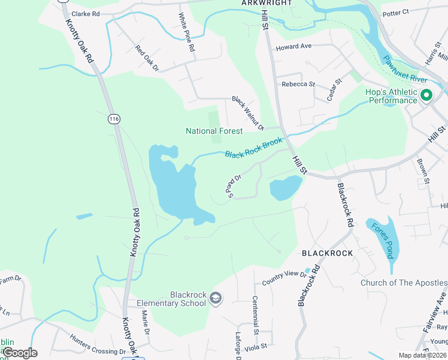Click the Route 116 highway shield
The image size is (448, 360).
pos(114,119)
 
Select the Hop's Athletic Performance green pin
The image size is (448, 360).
pos(426,95)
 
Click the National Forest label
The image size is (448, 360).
pos(214,131)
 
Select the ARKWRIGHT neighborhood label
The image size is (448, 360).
pos(267,3)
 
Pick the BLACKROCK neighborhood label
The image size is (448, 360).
pos(328,253)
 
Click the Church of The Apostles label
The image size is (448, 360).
pos(404,283)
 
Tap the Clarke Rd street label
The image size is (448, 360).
pos(85,13)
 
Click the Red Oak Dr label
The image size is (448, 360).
pos(147,59)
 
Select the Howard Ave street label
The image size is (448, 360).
pos(293,46)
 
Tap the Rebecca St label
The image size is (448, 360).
pos(298,84)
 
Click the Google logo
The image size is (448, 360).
pos(20,353)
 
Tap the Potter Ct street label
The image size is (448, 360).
pos(395,12)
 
